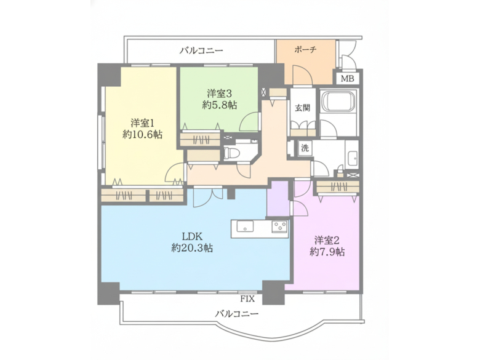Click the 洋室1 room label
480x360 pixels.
142,122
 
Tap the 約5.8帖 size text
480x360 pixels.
220,105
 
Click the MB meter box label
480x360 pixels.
348,79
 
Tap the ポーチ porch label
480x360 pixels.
305,50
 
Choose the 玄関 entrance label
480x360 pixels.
302,108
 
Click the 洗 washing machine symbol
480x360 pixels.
305,148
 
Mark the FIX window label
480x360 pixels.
247,299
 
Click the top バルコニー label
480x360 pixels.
201,50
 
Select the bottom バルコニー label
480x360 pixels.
237,313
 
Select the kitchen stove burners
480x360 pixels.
280,227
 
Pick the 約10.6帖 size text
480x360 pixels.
142,134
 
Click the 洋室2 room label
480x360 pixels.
327,239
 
